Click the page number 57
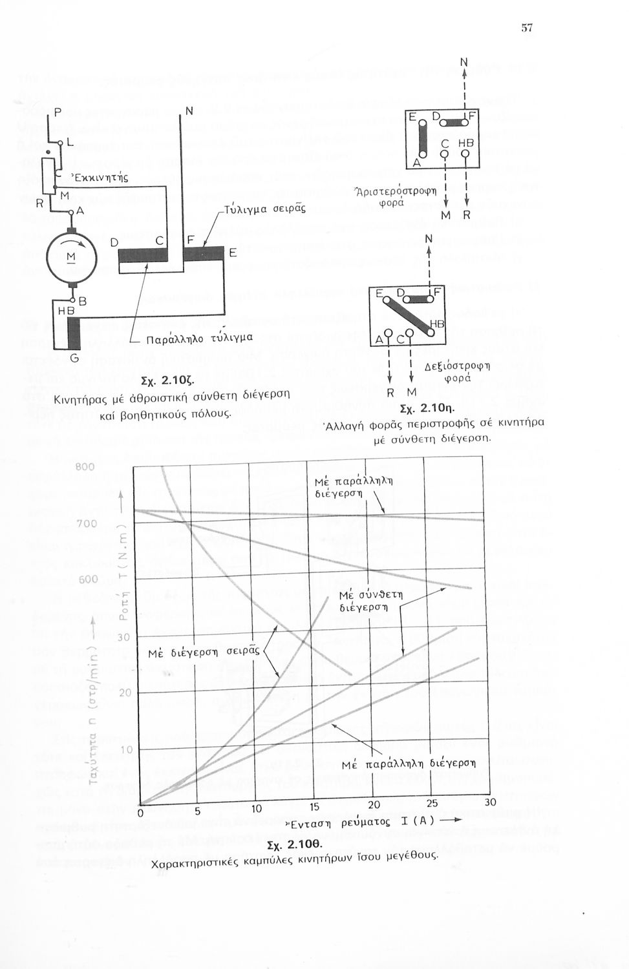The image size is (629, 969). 527,27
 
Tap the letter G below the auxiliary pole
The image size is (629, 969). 73,359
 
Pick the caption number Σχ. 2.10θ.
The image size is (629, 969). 294,845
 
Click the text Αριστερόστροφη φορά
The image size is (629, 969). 398,194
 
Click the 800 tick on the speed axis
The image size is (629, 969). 85,466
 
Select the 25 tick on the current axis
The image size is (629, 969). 432,804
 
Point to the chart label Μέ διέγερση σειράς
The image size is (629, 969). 204,652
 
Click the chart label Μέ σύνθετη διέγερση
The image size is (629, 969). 371,600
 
